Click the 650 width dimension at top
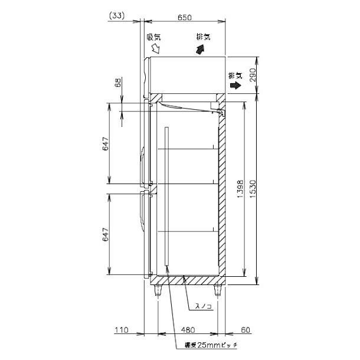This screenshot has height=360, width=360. (x=184, y=18)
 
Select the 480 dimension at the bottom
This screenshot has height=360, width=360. (x=188, y=330)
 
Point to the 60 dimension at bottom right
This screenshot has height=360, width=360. (x=238, y=330)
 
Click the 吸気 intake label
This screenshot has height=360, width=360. (x=153, y=37)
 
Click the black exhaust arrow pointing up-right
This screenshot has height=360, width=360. (x=202, y=50)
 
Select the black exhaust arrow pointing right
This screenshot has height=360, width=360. (x=235, y=85)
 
